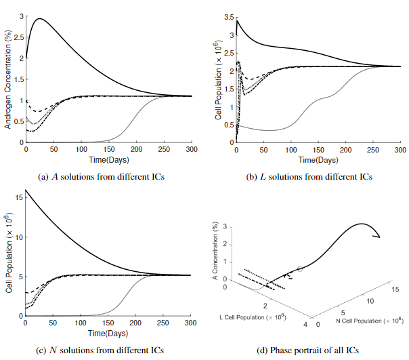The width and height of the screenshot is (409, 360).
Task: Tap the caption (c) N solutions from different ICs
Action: [x=102, y=351]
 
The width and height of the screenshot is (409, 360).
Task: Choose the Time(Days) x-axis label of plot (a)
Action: [x=109, y=159]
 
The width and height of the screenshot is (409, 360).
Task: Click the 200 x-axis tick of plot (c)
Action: [x=137, y=323]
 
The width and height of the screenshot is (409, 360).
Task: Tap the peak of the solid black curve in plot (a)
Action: [x=40, y=19]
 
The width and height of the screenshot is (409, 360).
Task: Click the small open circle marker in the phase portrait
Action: [x=300, y=269]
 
